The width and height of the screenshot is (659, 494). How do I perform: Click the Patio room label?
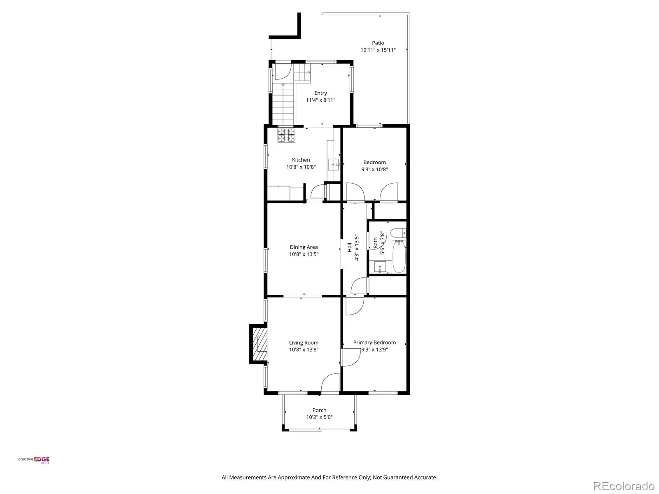click(x=378, y=43)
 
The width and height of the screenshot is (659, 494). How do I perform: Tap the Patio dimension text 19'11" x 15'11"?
click(x=378, y=50)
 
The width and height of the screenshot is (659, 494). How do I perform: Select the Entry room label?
click(x=320, y=93)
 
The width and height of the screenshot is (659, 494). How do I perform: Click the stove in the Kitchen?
click(x=286, y=135)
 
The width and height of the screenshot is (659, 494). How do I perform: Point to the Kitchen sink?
click(x=333, y=164)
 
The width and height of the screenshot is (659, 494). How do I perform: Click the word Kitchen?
click(x=301, y=160)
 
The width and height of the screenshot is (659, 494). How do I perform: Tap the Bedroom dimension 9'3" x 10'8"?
click(x=374, y=170)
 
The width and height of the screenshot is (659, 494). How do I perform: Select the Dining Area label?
click(x=304, y=247)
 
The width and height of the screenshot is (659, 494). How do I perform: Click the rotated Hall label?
click(x=349, y=247)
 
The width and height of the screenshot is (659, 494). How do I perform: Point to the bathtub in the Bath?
click(x=399, y=256)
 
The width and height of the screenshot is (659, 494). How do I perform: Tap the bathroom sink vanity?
click(x=380, y=267)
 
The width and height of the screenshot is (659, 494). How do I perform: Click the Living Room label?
click(x=304, y=343)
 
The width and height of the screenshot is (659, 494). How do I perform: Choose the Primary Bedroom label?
click(x=374, y=343)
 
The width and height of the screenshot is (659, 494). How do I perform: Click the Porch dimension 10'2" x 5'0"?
click(x=319, y=417)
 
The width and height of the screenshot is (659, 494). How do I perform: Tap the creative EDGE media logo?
click(x=34, y=460)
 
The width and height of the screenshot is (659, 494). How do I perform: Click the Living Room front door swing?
click(x=330, y=383)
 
